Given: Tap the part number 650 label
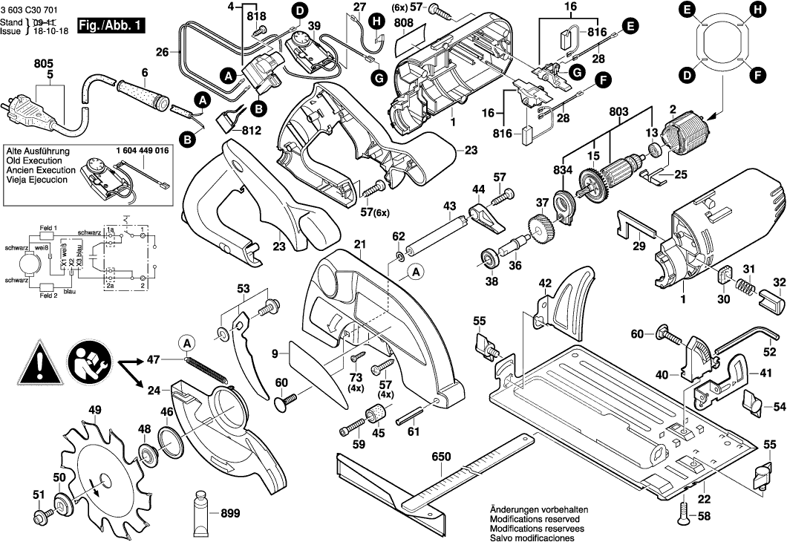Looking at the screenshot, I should tap(441, 457).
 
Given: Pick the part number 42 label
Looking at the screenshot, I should tap(545, 283).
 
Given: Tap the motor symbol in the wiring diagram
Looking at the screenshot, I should tap(30, 263).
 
